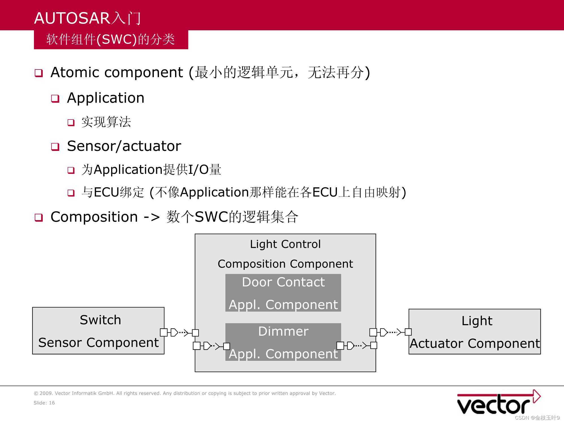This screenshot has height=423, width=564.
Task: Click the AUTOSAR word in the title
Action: click(72, 18)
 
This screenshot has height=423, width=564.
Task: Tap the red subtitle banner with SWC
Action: click(111, 40)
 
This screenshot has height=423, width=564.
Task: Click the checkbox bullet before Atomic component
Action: click(38, 73)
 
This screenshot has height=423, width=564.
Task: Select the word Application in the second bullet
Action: click(106, 98)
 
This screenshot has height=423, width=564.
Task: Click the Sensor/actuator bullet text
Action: click(124, 146)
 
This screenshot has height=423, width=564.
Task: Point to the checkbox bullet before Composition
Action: click(38, 218)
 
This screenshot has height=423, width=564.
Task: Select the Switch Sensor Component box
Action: click(98, 331)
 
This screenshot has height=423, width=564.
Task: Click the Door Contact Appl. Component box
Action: click(283, 293)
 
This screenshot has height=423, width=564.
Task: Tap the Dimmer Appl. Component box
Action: click(283, 342)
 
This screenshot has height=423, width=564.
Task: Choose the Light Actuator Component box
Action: click(475, 331)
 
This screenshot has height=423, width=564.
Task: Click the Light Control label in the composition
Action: click(285, 244)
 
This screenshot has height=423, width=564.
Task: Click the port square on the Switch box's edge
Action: click(163, 332)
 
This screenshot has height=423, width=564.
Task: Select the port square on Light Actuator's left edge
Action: click(408, 332)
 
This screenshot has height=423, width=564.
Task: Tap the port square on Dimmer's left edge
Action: click(227, 346)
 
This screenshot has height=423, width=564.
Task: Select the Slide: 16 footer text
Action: click(44, 403)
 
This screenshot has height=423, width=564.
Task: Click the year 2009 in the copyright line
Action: click(45, 393)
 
